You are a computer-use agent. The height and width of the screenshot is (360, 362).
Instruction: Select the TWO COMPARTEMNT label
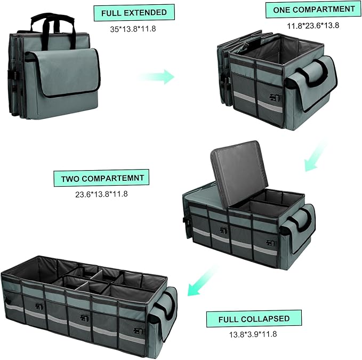click(101, 178)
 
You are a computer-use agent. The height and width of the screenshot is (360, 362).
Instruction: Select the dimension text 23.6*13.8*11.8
click(101, 194)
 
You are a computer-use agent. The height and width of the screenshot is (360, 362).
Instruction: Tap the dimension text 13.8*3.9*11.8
click(253, 335)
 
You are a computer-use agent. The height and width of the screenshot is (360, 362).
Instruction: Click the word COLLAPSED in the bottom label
click(265, 319)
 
